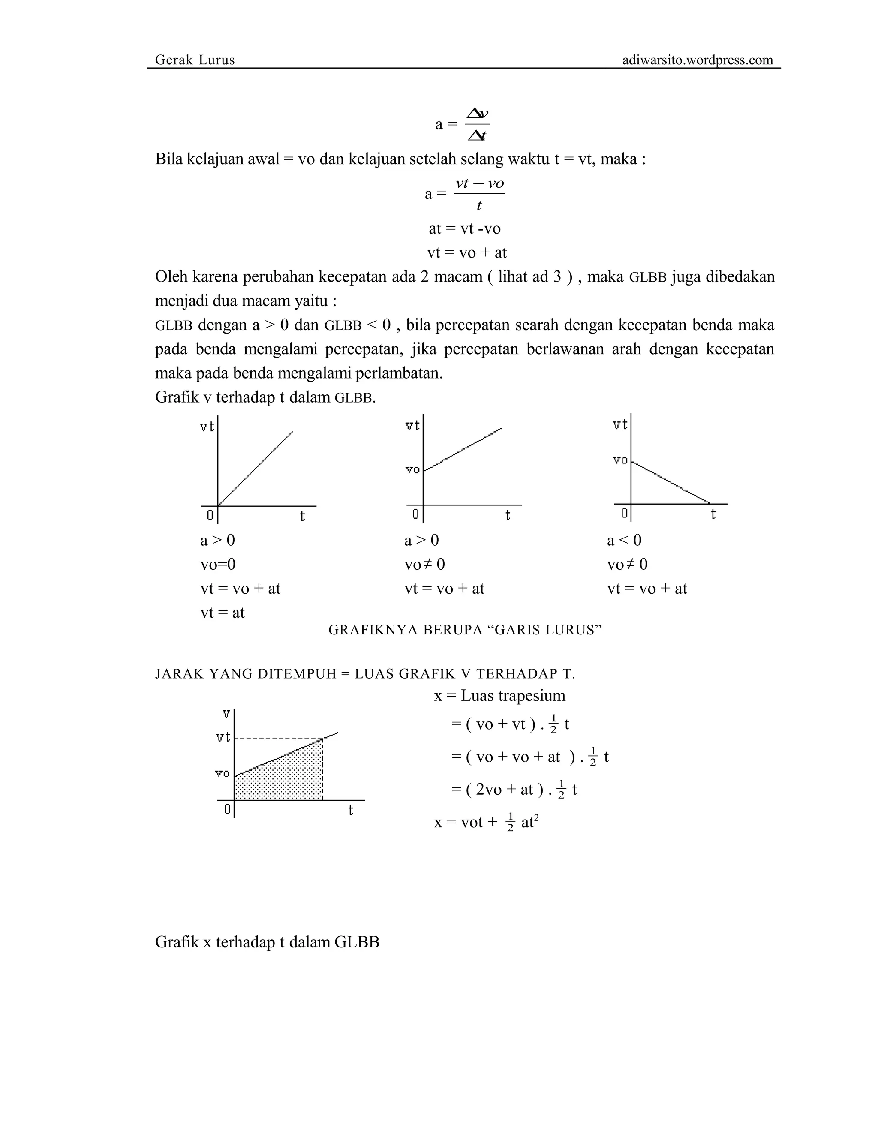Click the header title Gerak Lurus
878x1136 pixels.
tap(195, 60)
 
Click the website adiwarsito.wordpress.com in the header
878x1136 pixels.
tap(697, 60)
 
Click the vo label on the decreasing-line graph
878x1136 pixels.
tap(620, 460)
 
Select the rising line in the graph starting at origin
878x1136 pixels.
tap(255, 468)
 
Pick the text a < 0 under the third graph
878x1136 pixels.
tap(624, 540)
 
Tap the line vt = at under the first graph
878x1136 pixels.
tap(222, 612)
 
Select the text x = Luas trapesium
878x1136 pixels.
tap(499, 695)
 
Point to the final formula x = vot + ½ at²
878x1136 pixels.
tap(486, 822)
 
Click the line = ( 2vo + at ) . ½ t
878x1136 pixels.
tap(514, 790)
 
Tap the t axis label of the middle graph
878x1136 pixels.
tap(508, 515)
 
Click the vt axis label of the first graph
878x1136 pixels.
tap(207, 427)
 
